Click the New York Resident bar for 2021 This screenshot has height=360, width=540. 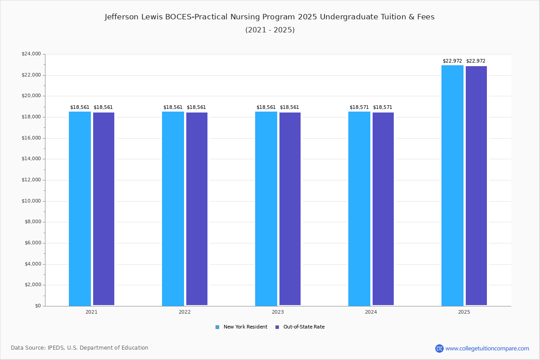80,209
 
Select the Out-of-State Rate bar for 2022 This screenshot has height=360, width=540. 197,209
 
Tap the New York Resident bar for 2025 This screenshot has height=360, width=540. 452,185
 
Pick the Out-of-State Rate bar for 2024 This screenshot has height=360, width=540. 383,209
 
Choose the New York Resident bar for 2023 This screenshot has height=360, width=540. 266,209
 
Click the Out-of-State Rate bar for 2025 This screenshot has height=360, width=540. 476,186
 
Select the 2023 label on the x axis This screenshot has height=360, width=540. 278,312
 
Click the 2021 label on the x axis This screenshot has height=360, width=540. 91,312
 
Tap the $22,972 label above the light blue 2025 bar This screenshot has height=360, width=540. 452,61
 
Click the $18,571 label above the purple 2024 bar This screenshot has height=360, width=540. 382,108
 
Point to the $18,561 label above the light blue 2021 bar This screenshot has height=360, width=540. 80,108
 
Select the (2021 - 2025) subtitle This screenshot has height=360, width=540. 270,30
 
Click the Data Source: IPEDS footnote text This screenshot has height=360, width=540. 80,348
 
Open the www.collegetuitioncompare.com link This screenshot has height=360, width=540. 487,348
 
